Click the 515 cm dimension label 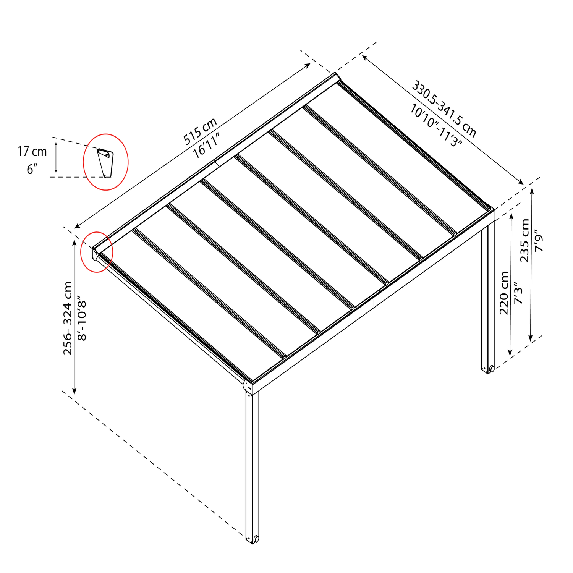(x=200, y=131)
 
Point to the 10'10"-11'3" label (x=436, y=126)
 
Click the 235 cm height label (x=525, y=240)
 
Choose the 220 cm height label (x=504, y=293)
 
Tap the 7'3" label (x=518, y=293)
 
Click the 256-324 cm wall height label (x=68, y=318)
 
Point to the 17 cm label (x=32, y=152)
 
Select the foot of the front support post (x=253, y=539)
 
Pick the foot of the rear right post (x=488, y=369)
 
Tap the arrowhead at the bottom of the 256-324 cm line (x=74, y=391)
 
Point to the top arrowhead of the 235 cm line (x=531, y=191)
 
